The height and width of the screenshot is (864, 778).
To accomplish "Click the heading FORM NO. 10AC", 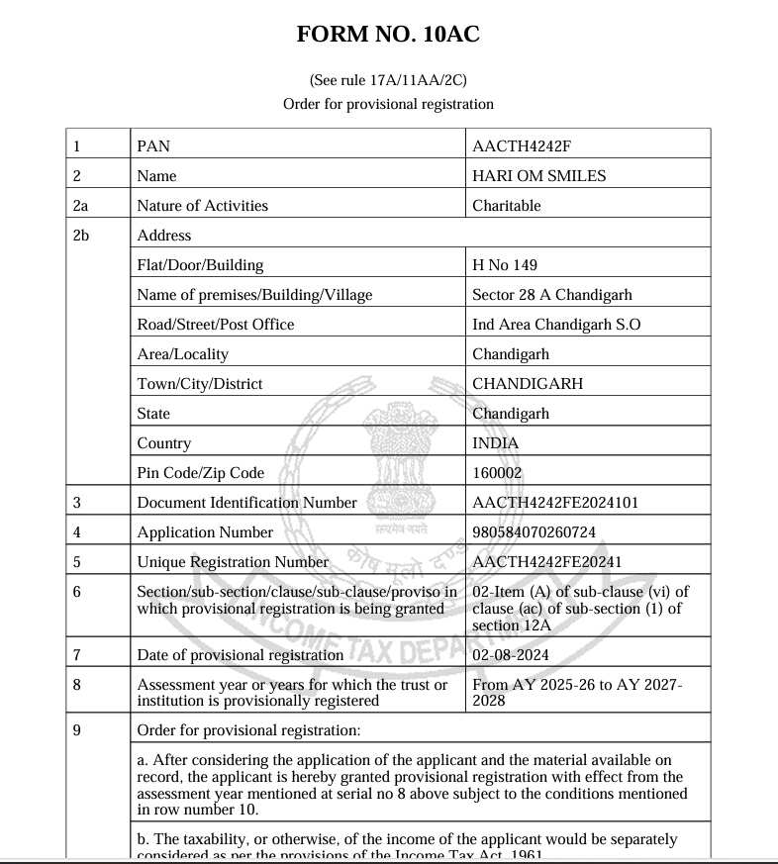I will coord(388,35).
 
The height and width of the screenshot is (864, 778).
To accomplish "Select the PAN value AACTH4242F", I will coord(522,146).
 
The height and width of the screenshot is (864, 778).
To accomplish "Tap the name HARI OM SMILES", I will coord(539,176).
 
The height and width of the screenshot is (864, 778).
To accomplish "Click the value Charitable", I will coord(507,206).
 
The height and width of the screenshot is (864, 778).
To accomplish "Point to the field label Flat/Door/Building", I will coord(200,265).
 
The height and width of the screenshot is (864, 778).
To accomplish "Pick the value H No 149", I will coord(505,265).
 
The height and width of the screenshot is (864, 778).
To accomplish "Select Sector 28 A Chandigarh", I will coord(551,295).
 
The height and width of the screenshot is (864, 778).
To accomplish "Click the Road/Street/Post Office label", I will coord(216,325).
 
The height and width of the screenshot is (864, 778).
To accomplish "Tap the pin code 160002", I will coord(497,473).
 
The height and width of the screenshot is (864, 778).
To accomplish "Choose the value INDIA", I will coord(495,443).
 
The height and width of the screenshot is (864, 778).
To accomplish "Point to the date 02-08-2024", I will coord(511,655).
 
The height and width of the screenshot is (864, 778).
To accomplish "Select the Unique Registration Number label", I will coord(233,562).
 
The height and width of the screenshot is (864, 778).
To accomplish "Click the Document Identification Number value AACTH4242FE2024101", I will coord(555,503).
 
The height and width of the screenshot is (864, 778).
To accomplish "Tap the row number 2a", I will coord(81,206).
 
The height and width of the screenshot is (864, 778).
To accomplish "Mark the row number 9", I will coord(77,730).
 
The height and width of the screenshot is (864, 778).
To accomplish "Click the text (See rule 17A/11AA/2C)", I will coord(388,80).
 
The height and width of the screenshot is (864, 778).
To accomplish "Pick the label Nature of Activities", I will coord(203,206).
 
